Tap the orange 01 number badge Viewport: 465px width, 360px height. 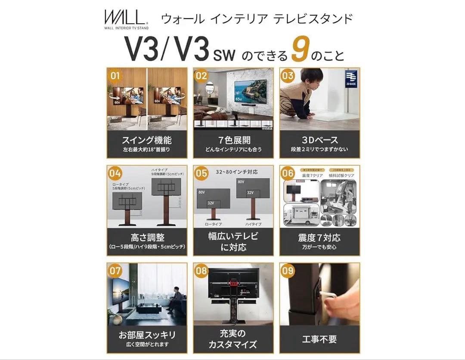pos(115,76)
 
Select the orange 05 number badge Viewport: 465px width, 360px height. pos(201,173)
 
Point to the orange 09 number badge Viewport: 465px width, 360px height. pos(288,271)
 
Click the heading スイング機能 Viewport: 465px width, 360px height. pos(146,140)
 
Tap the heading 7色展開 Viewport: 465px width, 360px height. pos(233,140)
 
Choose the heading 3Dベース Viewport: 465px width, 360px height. pos(319,140)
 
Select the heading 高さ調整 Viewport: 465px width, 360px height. pos(146,237)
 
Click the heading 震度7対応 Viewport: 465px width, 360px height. pos(319,237)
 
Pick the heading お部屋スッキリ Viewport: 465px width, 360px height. pos(146,335)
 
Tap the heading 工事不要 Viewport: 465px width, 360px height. pos(319,339)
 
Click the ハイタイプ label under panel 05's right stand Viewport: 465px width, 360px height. pos(253,224)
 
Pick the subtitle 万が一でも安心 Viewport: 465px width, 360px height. pos(319,247)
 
